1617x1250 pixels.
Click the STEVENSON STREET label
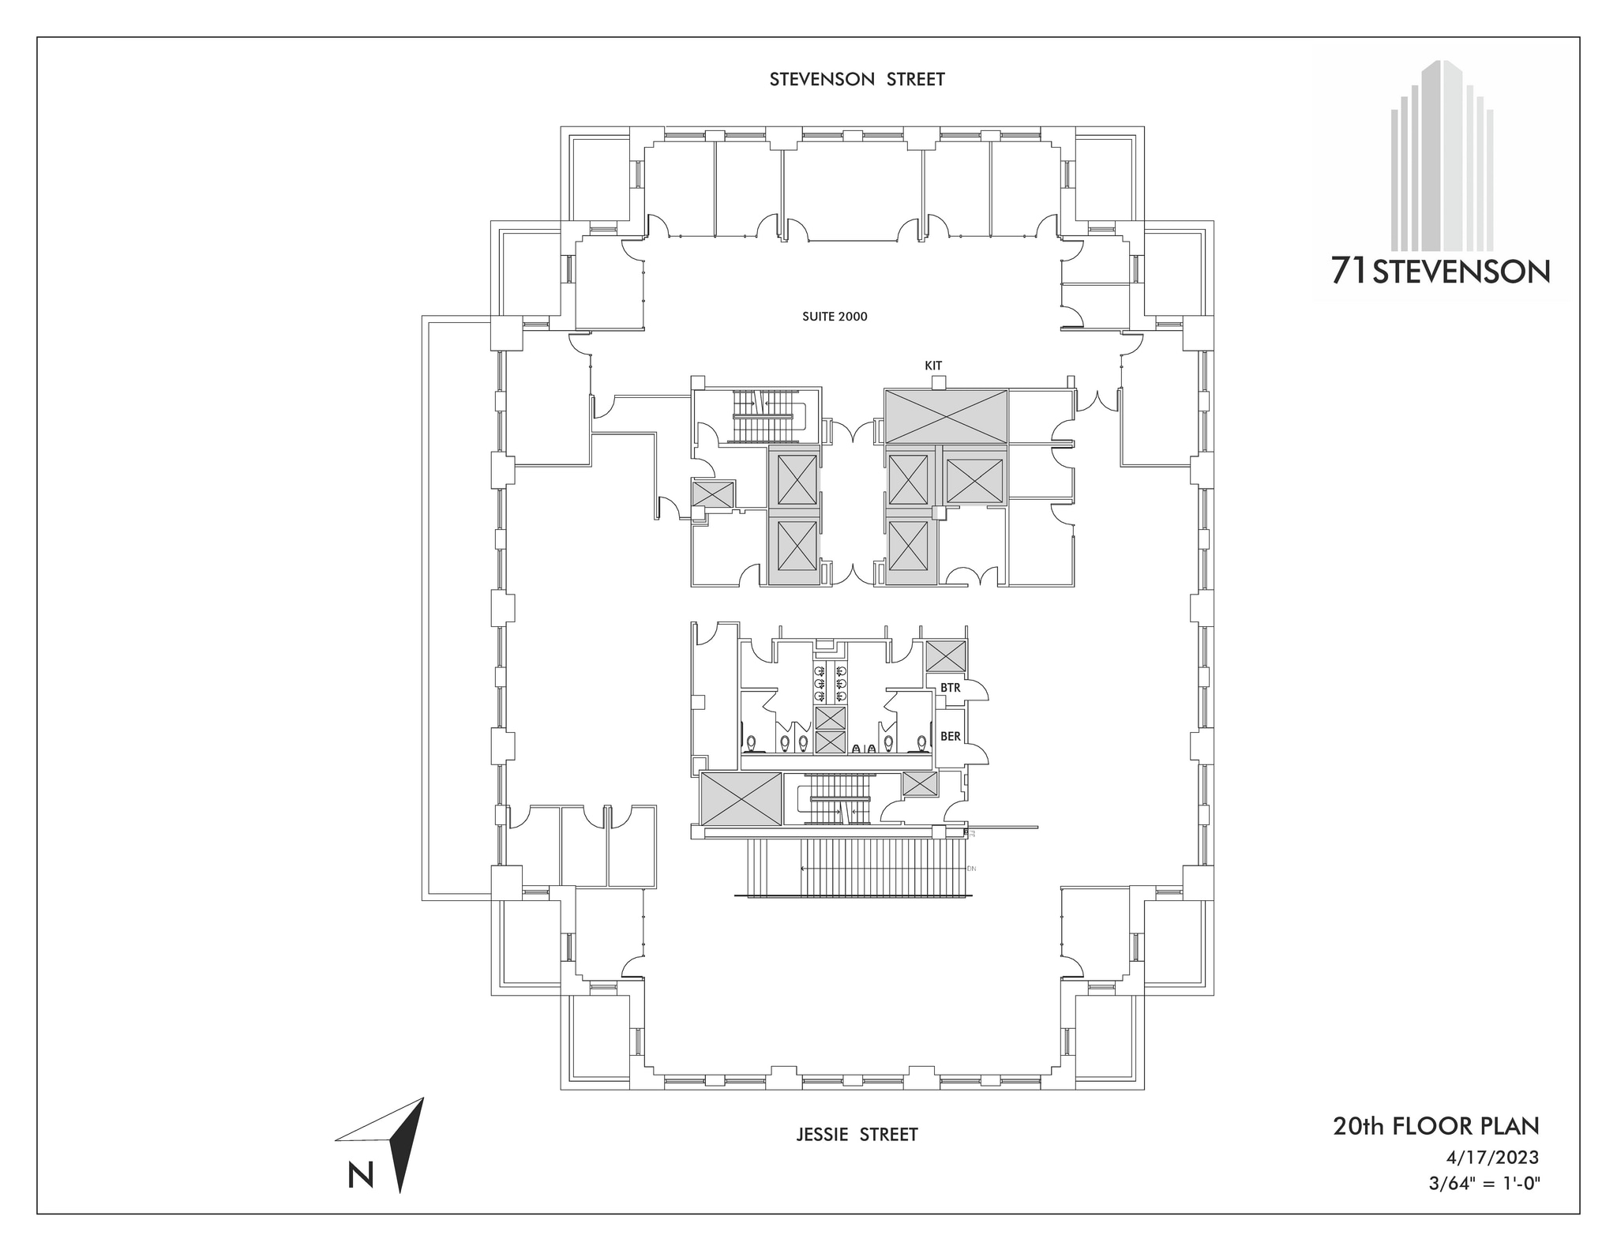[x=857, y=80]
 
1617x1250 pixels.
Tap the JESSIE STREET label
[x=857, y=1135]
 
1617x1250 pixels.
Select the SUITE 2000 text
[x=835, y=317]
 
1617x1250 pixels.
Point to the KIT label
[x=933, y=366]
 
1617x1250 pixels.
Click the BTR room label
[x=951, y=688]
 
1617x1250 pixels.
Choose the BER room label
[x=951, y=736]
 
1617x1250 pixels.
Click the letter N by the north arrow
[x=361, y=1176]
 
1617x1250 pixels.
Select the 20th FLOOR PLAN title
[x=1436, y=1126]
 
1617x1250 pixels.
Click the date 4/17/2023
[x=1492, y=1158]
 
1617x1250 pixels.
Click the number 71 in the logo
[x=1349, y=272]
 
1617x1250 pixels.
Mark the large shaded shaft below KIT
[x=945, y=415]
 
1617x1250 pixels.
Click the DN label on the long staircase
[x=971, y=869]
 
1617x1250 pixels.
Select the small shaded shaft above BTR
[x=945, y=657]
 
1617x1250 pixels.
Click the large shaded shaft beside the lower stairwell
[x=741, y=799]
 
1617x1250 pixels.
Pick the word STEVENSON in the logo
[x=1461, y=273]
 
